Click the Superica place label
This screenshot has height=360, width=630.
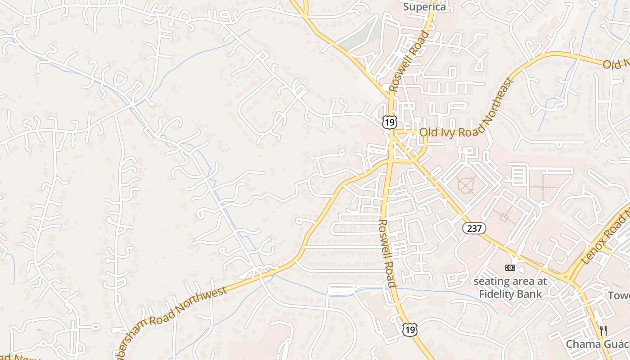click(x=424, y=7)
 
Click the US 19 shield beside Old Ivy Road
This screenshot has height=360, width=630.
click(x=390, y=121)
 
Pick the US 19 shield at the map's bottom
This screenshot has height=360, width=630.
click(x=409, y=330)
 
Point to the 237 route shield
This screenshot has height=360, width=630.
click(x=474, y=229)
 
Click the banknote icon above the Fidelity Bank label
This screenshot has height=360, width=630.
click(x=510, y=268)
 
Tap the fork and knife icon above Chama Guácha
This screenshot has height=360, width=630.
click(x=603, y=330)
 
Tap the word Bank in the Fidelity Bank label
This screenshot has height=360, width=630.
click(x=532, y=294)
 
